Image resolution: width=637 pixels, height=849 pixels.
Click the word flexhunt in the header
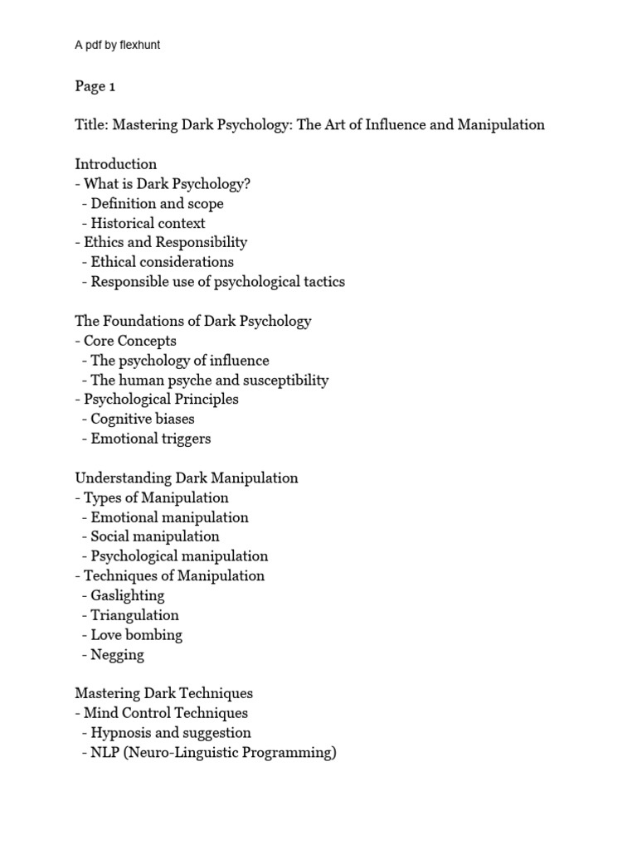pyautogui.click(x=139, y=46)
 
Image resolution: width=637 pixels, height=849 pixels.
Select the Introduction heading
pyautogui.click(x=116, y=164)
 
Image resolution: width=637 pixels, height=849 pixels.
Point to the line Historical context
pyautogui.click(x=148, y=223)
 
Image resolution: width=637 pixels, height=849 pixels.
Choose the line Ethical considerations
pyautogui.click(x=162, y=262)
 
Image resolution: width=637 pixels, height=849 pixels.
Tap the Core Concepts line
pyautogui.click(x=130, y=341)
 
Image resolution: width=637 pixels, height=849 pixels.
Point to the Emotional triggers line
pyautogui.click(x=150, y=439)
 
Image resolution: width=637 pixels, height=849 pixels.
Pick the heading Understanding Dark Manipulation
pyautogui.click(x=187, y=478)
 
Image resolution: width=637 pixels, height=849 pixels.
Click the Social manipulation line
pyautogui.click(x=155, y=536)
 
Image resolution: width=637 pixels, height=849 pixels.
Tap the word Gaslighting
pyautogui.click(x=128, y=595)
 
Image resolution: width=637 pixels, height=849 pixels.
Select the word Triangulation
pyautogui.click(x=134, y=615)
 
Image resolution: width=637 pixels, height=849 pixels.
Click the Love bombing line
pyautogui.click(x=136, y=635)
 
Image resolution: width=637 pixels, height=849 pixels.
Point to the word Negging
pyautogui.click(x=118, y=655)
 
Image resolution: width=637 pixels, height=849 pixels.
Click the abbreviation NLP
pyautogui.click(x=105, y=753)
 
